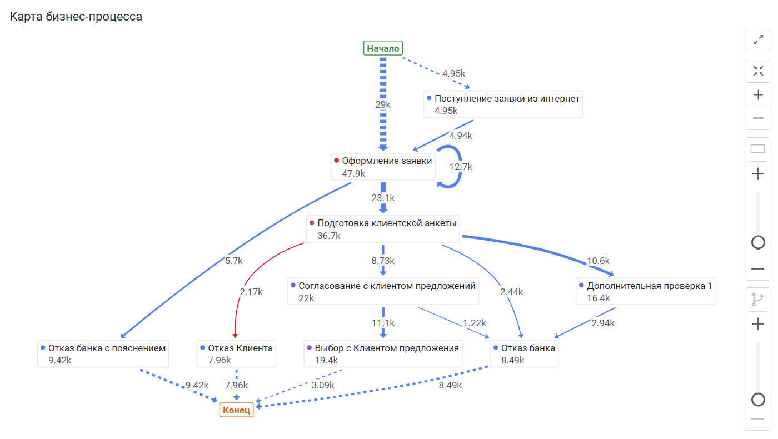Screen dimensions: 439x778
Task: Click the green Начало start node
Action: (x=383, y=48)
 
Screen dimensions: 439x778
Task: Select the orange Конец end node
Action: (x=237, y=410)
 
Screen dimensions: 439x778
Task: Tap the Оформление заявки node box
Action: (x=383, y=167)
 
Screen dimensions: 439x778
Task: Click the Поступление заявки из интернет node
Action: (x=503, y=104)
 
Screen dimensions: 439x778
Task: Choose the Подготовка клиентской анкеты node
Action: (x=383, y=229)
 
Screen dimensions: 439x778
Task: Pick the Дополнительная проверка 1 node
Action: (x=646, y=291)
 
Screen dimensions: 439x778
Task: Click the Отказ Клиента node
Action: (x=237, y=353)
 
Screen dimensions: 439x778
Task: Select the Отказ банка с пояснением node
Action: (x=103, y=353)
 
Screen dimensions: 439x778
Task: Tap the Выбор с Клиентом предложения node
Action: (x=383, y=353)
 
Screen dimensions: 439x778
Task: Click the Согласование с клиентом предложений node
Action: (x=383, y=291)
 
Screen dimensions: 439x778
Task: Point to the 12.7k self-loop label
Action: (x=461, y=167)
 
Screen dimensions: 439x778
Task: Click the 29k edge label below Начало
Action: (x=382, y=104)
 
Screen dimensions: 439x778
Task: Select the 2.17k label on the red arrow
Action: (x=251, y=292)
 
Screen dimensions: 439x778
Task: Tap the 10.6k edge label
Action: (x=598, y=261)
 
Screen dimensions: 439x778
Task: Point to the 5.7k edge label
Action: (x=234, y=260)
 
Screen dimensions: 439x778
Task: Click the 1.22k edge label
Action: (x=474, y=323)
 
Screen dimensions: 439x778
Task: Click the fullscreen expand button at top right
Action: (x=757, y=40)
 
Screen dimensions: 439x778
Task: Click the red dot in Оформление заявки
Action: (x=336, y=161)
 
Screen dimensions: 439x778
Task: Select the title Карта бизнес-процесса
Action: (x=76, y=17)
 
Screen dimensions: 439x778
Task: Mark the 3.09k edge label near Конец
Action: (x=323, y=385)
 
